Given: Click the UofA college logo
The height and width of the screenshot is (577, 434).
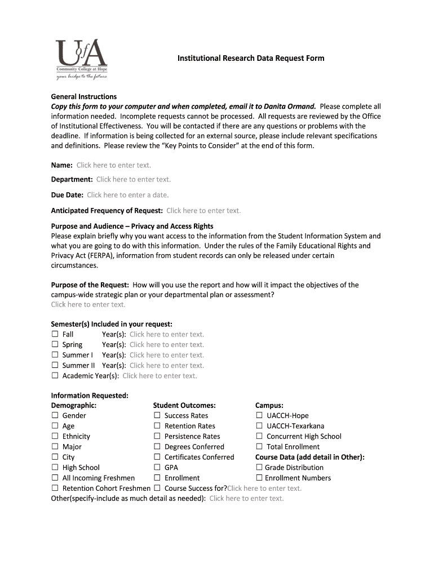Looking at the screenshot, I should click(81, 59).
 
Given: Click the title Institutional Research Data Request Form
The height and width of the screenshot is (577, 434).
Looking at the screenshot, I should click(251, 58).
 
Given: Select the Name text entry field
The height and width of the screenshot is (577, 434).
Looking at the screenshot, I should click(113, 165).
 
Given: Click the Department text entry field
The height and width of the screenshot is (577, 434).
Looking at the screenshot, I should click(133, 179).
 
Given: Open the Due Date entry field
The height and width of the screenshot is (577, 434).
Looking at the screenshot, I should click(127, 195).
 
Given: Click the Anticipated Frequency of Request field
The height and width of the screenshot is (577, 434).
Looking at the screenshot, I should click(203, 211).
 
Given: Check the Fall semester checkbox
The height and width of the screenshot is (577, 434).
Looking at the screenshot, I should click(55, 334).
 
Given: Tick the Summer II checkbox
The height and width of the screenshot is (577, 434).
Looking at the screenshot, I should click(55, 365).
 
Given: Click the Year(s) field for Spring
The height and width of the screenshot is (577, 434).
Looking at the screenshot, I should click(166, 345).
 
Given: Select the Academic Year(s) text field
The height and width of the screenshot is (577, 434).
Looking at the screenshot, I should click(160, 376).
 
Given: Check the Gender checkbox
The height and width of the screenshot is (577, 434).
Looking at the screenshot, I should click(55, 415).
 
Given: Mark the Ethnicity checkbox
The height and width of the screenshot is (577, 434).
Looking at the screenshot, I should click(55, 436).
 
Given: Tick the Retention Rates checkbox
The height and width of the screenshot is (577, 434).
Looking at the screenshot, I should click(157, 426).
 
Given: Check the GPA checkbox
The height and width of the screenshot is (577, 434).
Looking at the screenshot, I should click(157, 467).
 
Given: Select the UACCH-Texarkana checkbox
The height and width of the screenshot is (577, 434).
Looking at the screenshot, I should click(259, 426).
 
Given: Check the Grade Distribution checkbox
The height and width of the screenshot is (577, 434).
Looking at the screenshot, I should click(259, 467).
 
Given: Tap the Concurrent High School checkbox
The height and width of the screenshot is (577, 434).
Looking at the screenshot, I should click(259, 436).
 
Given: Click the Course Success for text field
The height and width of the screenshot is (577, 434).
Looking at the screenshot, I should click(264, 489).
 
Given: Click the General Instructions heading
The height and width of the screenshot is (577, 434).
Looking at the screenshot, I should click(84, 96).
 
